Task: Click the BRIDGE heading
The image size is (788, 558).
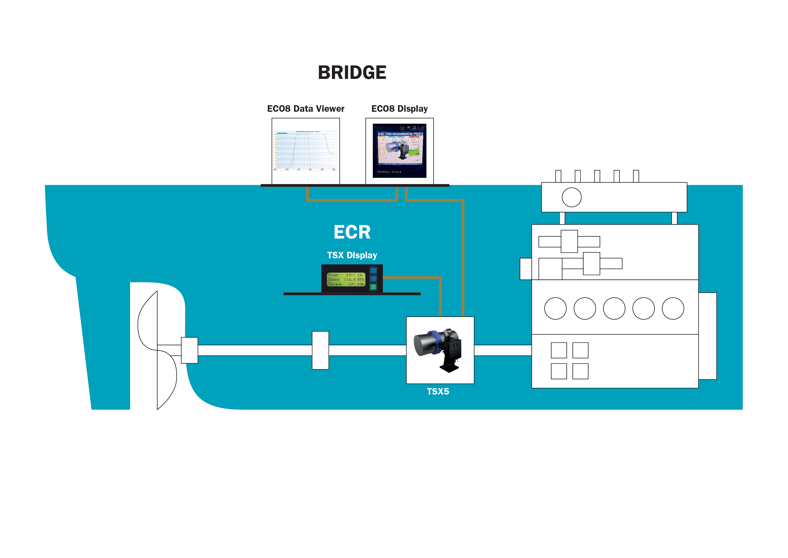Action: coord(352,72)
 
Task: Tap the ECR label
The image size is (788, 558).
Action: coord(352,232)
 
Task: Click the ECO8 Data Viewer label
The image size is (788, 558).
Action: coord(305,109)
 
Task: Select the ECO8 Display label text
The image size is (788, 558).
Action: coord(400,109)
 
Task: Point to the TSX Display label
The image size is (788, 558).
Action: coord(352,255)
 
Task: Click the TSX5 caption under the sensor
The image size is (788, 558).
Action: coord(438,391)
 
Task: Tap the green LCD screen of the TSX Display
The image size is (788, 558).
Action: coord(346,279)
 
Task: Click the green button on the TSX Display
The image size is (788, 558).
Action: coord(373,287)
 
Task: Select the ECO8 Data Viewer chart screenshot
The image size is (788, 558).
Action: coord(305,150)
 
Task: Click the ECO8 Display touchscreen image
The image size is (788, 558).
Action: coord(400,150)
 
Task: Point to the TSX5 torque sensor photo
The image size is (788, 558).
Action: coord(440,350)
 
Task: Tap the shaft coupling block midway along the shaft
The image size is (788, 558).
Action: coord(320,350)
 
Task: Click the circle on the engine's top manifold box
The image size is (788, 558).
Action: coord(572,197)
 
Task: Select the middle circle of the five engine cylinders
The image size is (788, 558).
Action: coord(614,308)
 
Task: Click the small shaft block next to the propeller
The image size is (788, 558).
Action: coord(190,350)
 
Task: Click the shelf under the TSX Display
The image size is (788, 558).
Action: coord(352,294)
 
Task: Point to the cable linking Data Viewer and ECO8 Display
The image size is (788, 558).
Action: coord(352,200)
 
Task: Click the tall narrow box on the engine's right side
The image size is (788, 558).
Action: coord(707,336)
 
